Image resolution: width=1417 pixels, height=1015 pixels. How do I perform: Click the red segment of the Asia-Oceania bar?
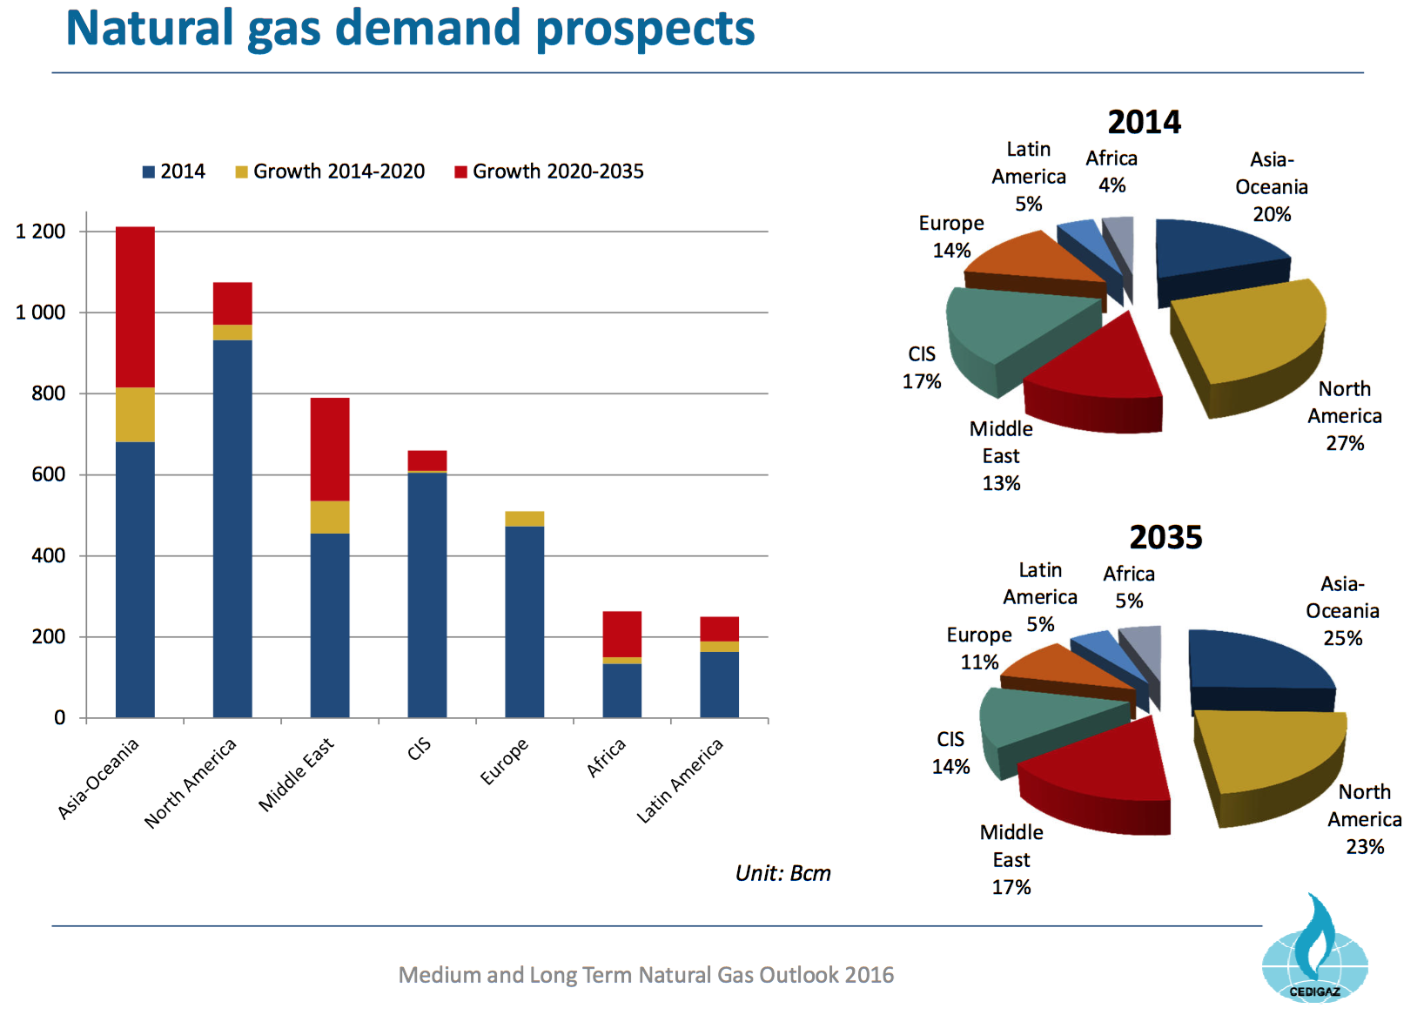point(135,306)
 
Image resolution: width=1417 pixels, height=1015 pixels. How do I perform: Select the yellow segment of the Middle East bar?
point(330,517)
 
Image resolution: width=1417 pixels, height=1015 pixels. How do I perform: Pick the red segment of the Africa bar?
point(622,634)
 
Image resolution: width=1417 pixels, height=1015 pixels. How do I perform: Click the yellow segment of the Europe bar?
point(525,519)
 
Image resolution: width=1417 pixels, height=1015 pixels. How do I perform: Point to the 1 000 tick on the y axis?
point(41,313)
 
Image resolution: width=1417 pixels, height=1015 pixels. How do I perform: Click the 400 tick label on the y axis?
point(49,555)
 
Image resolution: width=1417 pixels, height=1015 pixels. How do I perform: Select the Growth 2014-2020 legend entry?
point(330,171)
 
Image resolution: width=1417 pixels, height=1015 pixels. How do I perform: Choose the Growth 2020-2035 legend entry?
point(549,171)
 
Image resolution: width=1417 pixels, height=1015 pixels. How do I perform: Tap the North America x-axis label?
point(191,783)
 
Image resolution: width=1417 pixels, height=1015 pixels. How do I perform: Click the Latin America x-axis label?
point(680,780)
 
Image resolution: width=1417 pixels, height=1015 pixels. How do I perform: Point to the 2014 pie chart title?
point(1144,122)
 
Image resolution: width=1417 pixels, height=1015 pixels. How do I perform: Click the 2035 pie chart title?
point(1165,537)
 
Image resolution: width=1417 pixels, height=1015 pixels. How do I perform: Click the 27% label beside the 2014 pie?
point(1345,443)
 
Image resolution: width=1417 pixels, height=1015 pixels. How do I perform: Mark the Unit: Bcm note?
point(782,873)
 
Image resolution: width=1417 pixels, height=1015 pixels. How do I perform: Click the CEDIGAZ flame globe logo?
point(1314,953)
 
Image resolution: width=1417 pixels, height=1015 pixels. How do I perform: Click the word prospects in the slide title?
point(645,29)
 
